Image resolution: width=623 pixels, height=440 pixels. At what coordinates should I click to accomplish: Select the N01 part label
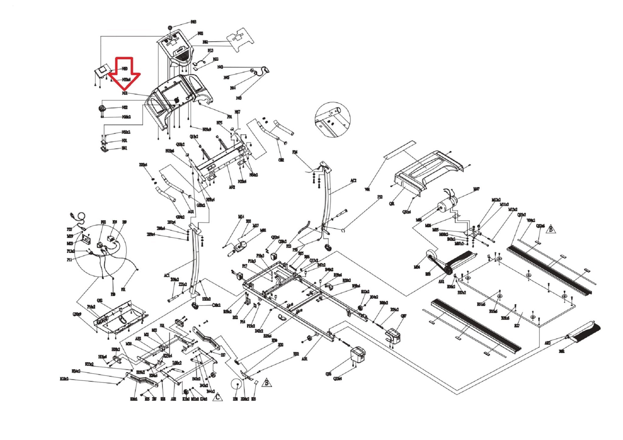point(124,93)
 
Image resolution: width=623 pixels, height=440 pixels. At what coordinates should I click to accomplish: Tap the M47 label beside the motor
point(476,189)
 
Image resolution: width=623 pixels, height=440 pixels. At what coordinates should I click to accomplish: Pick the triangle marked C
point(217,397)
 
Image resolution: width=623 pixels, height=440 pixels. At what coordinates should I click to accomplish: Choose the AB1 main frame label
point(305,359)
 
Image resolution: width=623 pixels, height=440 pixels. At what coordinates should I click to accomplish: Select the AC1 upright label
point(166,275)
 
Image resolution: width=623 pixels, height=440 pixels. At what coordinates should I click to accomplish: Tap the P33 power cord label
point(69,229)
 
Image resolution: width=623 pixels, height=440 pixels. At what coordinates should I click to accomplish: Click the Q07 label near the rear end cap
point(403,316)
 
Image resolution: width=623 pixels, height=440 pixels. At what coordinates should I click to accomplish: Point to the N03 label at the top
point(193,22)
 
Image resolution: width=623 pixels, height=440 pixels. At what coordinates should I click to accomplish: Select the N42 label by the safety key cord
point(220,67)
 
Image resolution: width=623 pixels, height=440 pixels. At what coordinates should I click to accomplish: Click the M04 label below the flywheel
point(417,267)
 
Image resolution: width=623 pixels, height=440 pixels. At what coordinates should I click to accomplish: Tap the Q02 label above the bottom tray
point(99,300)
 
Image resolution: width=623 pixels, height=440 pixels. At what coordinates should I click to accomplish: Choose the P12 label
point(380,197)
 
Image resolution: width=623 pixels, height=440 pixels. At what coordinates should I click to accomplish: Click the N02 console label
point(200,33)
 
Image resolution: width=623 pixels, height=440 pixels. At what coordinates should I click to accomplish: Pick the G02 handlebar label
point(281,160)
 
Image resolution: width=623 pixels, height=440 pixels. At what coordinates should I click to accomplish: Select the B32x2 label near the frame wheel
point(365,291)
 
